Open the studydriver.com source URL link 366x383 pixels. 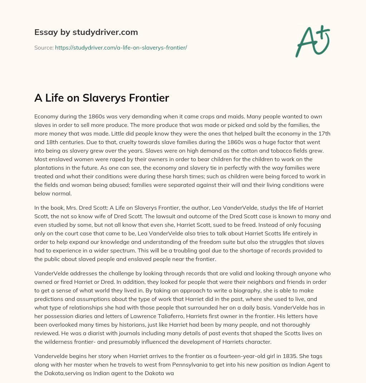coord(121,47)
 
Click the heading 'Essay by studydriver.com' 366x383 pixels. coord(86,32)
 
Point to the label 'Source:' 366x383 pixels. coord(44,47)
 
